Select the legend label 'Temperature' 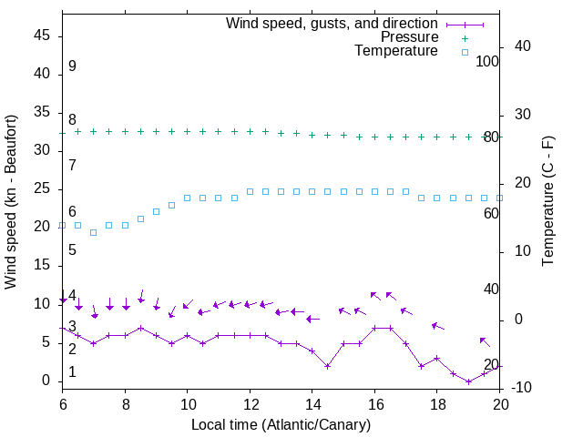396,51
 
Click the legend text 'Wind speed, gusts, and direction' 332,23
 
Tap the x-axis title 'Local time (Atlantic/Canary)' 281,424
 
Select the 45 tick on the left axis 43,36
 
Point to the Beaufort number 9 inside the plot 72,66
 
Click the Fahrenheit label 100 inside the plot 487,61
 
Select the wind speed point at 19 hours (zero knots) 468,381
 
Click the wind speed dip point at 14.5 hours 327,366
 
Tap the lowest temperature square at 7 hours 93,232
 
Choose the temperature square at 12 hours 250,191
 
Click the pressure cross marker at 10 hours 187,131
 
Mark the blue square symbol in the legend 465,52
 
